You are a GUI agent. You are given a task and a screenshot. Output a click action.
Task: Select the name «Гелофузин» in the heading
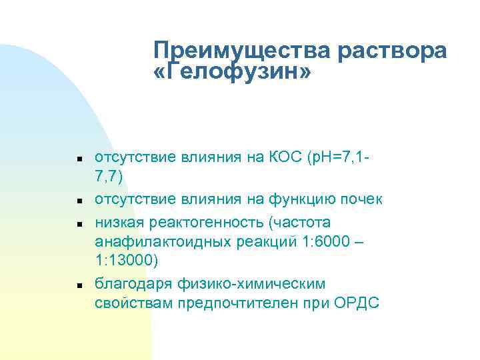pos(231,73)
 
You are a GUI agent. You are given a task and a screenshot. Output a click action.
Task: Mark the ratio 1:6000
pos(320,241)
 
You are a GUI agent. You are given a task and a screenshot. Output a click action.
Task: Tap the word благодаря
pos(133,283)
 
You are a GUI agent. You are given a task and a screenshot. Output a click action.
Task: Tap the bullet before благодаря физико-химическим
pos(79,285)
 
